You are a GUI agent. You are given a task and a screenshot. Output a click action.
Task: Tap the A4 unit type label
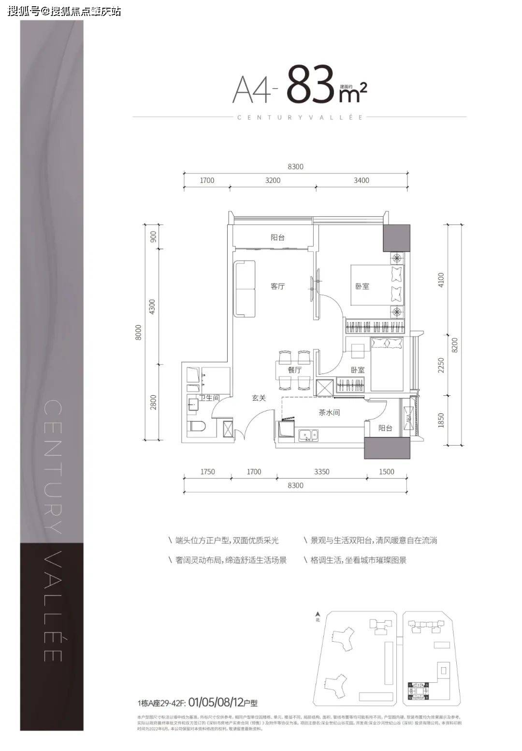252,90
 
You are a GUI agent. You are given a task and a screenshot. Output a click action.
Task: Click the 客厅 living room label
277,286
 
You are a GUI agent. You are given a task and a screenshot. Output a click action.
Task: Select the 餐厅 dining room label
294,370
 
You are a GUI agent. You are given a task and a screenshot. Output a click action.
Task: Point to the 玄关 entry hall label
259,398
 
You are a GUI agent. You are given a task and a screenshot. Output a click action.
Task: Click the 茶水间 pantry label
329,413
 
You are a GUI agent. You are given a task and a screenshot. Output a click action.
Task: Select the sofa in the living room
245,289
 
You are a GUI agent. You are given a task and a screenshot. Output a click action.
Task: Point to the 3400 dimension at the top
361,180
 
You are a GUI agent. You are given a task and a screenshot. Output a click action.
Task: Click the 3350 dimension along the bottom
321,472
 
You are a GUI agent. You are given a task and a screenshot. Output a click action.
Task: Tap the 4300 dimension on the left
153,306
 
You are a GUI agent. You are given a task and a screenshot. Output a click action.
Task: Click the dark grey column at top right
396,238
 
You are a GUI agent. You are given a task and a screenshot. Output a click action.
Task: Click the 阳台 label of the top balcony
277,238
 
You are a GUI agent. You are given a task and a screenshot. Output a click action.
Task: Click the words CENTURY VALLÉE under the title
300,117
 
